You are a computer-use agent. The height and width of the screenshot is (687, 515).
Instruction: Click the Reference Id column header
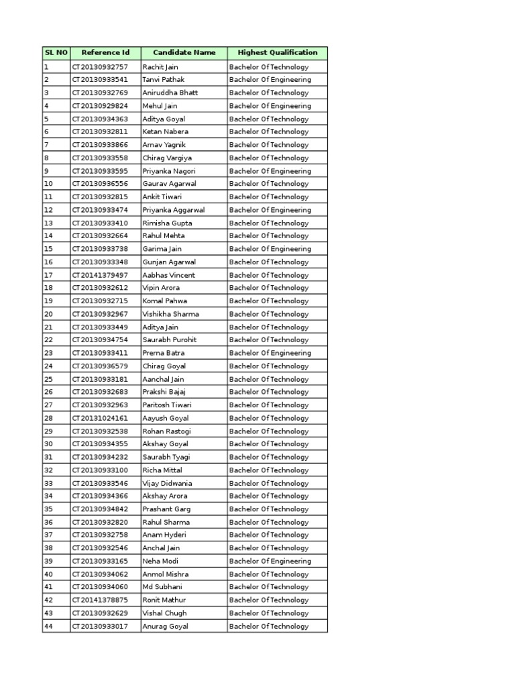(x=105, y=52)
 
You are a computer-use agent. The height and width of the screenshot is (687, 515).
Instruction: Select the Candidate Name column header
(x=184, y=52)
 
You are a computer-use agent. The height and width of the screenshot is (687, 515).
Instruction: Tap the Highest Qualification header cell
(x=277, y=52)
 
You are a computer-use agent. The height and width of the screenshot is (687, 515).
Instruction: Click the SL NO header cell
(x=56, y=52)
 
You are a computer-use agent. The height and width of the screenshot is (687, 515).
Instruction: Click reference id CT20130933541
(x=100, y=80)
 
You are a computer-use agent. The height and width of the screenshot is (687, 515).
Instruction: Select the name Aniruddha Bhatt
(x=170, y=93)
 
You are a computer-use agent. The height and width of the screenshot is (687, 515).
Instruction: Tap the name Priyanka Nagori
(x=169, y=171)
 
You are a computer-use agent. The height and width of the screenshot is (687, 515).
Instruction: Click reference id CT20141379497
(x=100, y=275)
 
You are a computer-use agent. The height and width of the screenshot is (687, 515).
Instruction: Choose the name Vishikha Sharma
(x=170, y=314)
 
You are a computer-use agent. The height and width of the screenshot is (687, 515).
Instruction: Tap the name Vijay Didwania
(x=167, y=483)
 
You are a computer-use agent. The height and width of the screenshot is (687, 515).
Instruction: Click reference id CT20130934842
(x=100, y=509)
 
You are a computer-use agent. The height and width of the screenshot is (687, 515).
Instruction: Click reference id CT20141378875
(x=100, y=600)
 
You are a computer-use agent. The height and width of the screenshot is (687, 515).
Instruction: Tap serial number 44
(x=48, y=627)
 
